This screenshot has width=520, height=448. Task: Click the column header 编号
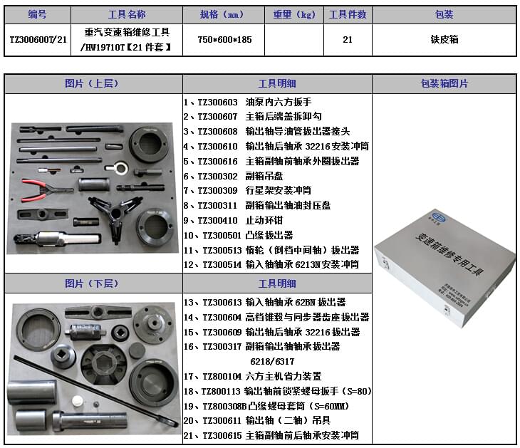37,14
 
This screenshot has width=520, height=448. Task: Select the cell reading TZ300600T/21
37,40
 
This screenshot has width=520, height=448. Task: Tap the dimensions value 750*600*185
222,40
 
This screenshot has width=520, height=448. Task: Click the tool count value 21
347,40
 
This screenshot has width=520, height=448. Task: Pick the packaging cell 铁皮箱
444,40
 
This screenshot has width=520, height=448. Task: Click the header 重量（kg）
293,14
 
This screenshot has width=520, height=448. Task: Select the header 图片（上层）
93,83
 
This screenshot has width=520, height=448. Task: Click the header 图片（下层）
93,283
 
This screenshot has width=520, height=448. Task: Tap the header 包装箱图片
444,83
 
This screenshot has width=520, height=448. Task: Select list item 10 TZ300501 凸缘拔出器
239,235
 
